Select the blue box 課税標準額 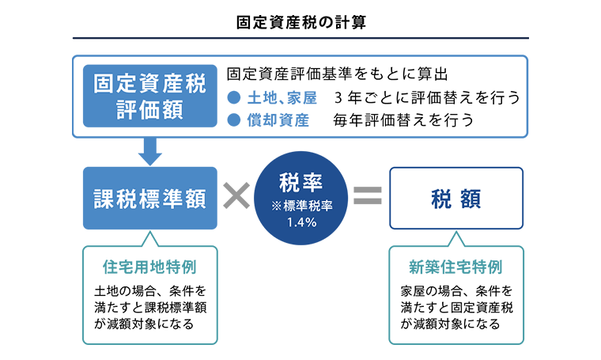coord(149,198)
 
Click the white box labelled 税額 coord(456,198)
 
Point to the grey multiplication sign coord(235,197)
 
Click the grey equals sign coord(367,197)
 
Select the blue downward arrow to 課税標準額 coord(149,150)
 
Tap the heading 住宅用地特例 coord(149,266)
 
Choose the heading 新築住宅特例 coord(455,266)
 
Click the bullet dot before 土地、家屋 coord(233,98)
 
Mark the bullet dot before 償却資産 coord(233,121)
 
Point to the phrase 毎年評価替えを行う coord(403,121)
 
